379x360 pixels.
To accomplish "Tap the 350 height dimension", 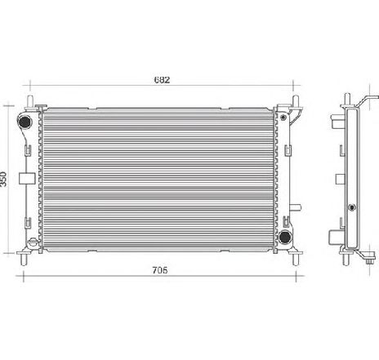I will pos(7,180).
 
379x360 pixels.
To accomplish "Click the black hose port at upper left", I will pos(25,123).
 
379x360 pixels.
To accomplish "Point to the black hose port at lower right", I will pos(286,237).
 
